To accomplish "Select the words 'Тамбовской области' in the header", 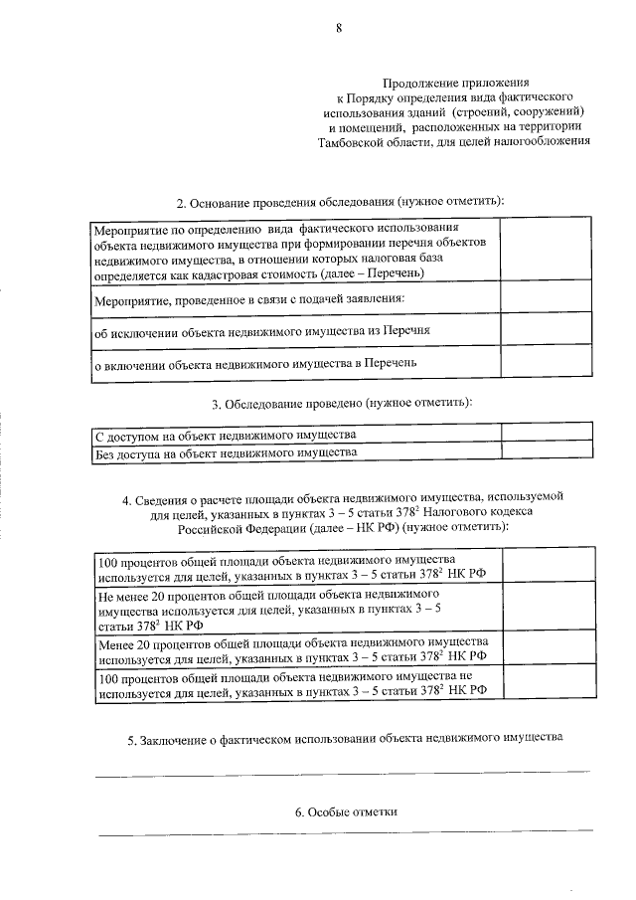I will [373, 141].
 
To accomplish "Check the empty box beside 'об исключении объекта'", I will [544, 328].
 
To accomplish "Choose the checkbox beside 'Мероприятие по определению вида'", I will [544, 249].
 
